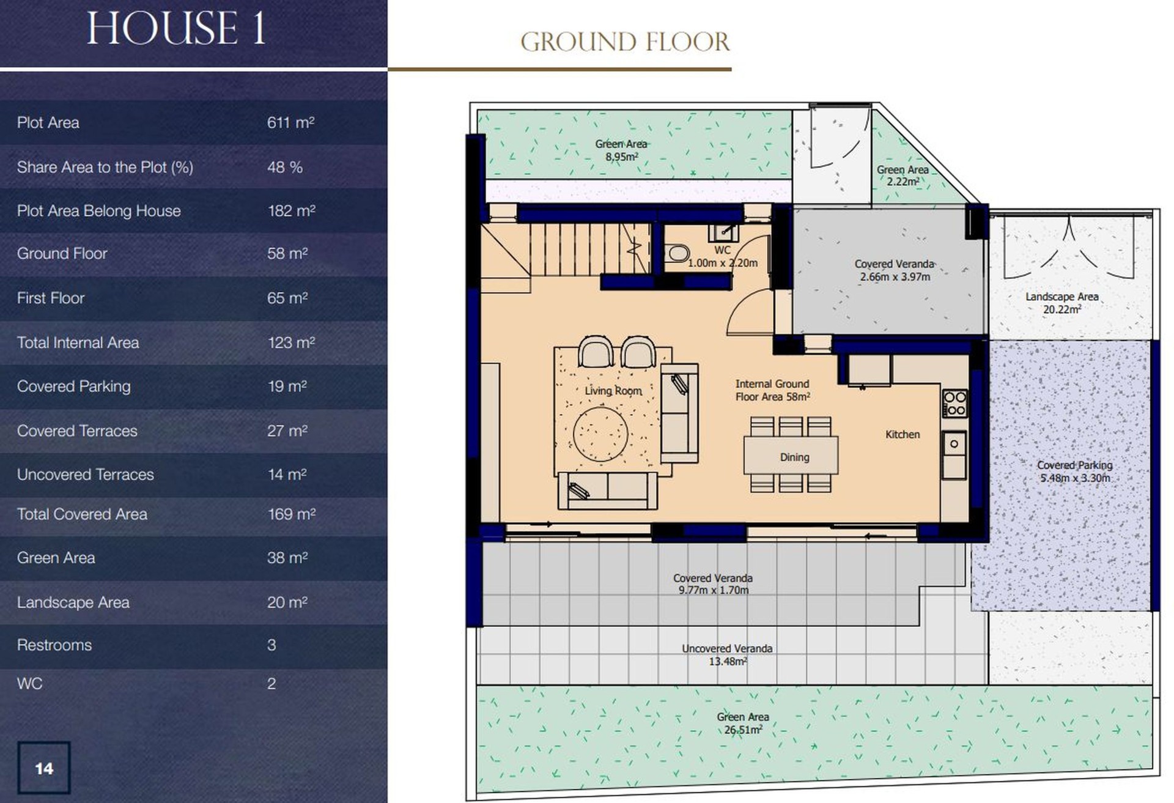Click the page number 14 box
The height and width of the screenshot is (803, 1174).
click(x=44, y=768)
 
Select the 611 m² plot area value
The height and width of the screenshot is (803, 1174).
click(x=290, y=122)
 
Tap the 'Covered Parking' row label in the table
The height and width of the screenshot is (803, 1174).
click(x=74, y=387)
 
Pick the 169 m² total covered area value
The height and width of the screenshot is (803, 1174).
click(x=292, y=514)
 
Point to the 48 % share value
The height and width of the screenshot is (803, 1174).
click(x=285, y=167)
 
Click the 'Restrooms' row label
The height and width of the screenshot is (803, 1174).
click(x=54, y=645)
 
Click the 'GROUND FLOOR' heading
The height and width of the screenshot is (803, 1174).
click(x=625, y=42)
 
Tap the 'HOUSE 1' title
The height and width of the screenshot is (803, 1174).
click(x=176, y=28)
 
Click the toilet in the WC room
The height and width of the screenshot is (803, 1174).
click(x=677, y=253)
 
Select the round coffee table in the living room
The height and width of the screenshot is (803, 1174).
click(x=600, y=434)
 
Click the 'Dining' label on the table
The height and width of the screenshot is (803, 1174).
click(x=794, y=457)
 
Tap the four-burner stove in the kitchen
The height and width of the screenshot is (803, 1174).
click(x=954, y=404)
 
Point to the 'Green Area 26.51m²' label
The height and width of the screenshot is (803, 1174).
click(x=743, y=723)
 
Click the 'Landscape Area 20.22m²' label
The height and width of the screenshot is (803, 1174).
click(x=1062, y=303)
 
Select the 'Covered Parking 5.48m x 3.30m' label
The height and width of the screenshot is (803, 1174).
click(x=1075, y=472)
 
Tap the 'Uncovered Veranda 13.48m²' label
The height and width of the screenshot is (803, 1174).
click(x=727, y=654)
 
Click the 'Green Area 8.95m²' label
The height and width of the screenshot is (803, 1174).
click(x=621, y=150)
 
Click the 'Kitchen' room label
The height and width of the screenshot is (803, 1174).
click(x=903, y=434)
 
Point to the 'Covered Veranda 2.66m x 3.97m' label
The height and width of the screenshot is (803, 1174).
click(x=895, y=270)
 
